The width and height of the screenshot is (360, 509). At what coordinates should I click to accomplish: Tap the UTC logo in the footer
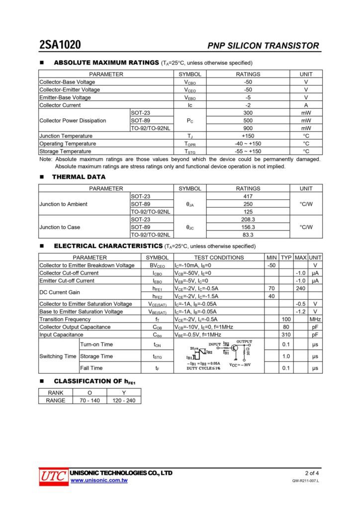tap(53, 476)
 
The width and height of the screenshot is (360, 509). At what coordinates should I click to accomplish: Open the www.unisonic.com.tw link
tap(99, 481)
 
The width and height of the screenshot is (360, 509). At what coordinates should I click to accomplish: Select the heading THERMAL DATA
tap(79, 176)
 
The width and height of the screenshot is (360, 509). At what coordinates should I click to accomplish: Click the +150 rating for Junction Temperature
tap(248, 136)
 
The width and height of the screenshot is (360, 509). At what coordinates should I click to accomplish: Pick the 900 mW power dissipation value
tap(248, 128)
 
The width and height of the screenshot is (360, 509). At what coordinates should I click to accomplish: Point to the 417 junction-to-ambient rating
tap(248, 196)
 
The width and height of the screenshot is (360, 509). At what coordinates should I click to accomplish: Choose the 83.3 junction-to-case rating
tap(248, 235)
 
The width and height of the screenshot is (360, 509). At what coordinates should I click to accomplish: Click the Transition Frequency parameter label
tap(65, 319)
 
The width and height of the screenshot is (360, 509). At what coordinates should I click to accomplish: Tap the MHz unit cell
tap(315, 319)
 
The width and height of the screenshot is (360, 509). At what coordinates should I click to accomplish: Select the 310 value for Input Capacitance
tap(286, 335)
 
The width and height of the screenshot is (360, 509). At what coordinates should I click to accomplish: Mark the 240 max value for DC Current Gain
tap(300, 288)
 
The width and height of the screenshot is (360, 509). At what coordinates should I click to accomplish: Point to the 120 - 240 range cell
tap(124, 400)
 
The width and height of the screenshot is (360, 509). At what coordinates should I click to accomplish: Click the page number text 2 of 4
tap(312, 473)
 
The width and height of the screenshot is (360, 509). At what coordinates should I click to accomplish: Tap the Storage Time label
tap(96, 356)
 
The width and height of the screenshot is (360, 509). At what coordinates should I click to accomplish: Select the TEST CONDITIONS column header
tap(219, 257)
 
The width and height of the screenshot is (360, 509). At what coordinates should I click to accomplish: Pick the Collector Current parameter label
tap(60, 105)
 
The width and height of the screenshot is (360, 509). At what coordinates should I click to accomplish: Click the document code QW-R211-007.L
tap(305, 481)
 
